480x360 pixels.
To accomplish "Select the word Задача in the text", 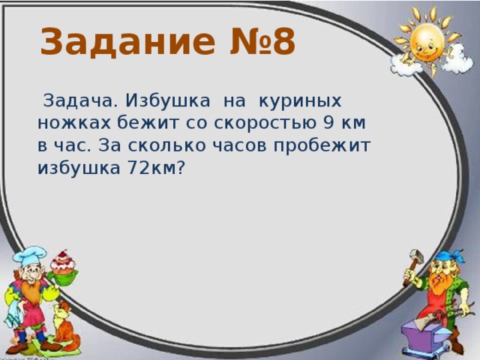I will point(80,100).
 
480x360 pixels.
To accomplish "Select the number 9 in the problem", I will point(338,122).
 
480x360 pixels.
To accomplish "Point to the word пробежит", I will point(330,145).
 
